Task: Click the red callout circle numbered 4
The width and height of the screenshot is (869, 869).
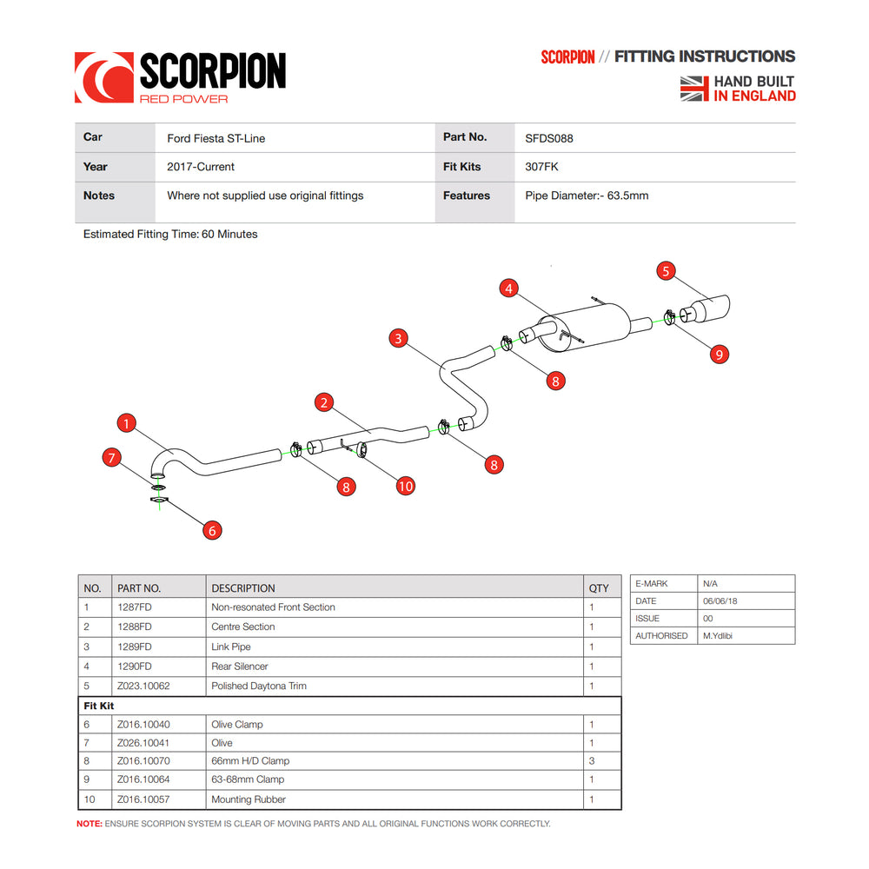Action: tap(509, 288)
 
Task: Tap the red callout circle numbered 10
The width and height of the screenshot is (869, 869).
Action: tap(406, 486)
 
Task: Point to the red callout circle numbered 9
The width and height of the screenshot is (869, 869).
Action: tap(718, 354)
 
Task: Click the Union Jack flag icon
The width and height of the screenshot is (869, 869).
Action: tap(694, 88)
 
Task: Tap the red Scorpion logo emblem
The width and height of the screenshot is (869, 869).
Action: tap(103, 77)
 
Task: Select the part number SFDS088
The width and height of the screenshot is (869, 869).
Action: tap(549, 138)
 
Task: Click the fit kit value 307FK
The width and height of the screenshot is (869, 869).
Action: tap(541, 167)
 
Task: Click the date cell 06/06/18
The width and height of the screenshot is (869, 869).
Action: tap(720, 601)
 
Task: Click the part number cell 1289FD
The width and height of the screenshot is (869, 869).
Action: tap(135, 647)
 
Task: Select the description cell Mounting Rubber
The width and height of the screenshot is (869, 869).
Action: tap(249, 799)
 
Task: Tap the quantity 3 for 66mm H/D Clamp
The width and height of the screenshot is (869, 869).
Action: tap(592, 761)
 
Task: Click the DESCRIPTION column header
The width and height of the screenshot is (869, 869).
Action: tap(243, 588)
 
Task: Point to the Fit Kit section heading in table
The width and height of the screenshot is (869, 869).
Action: tap(99, 706)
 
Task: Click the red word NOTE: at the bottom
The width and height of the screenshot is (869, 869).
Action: tap(90, 824)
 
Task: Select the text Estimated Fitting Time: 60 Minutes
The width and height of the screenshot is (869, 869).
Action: tap(170, 235)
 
